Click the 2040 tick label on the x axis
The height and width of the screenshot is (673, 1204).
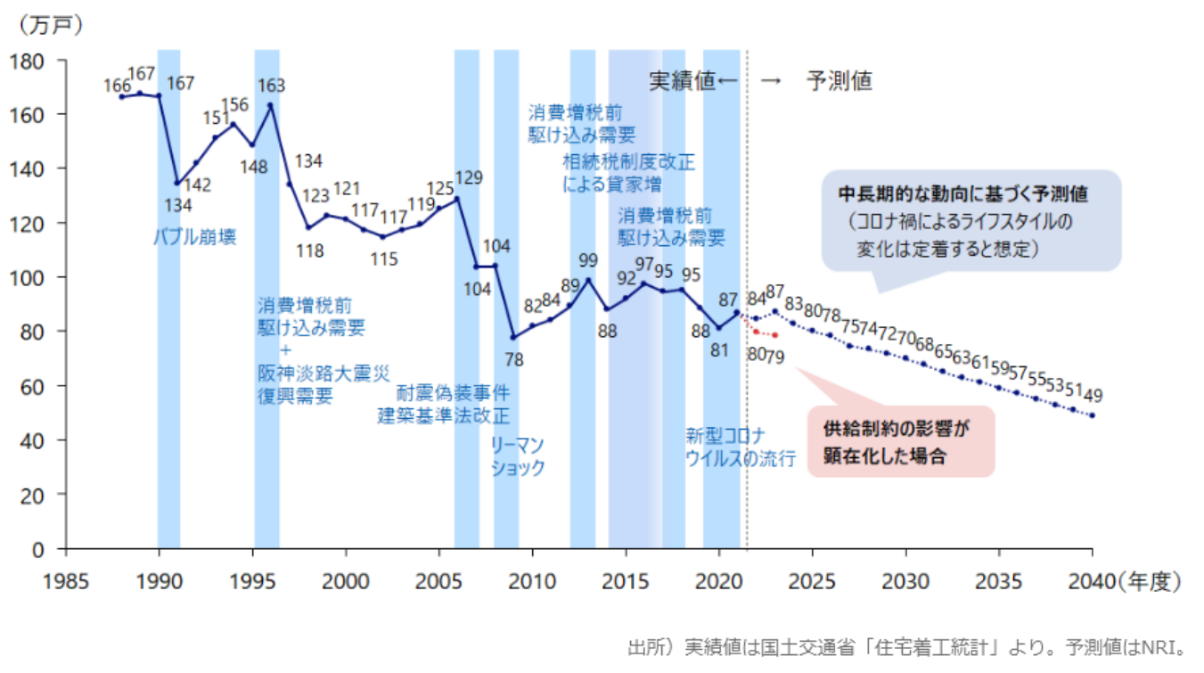(1093, 581)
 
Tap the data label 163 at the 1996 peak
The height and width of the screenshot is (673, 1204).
(272, 86)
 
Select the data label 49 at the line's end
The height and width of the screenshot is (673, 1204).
(1093, 395)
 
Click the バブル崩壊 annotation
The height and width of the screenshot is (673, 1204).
(196, 237)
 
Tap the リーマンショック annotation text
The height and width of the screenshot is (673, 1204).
(518, 456)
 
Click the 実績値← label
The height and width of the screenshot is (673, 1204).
(693, 81)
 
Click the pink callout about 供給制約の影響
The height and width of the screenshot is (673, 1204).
(900, 441)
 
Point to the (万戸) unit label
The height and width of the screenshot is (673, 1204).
(50, 25)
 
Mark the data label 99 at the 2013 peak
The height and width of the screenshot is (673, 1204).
(587, 260)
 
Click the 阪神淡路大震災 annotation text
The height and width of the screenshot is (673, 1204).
(324, 373)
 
